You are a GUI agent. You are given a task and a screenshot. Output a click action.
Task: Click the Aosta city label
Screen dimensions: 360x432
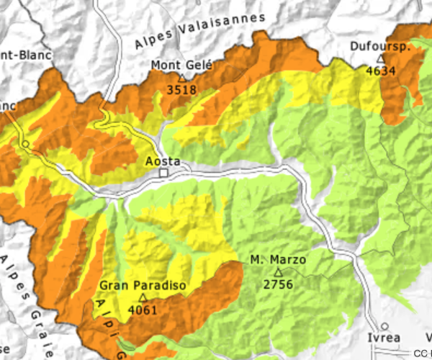click(163, 161)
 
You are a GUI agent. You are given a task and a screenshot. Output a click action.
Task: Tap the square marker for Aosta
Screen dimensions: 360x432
click(163, 174)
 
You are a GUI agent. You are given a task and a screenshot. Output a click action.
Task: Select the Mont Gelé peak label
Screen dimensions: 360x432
click(181, 66)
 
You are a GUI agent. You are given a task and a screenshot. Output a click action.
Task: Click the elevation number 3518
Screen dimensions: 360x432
click(181, 90)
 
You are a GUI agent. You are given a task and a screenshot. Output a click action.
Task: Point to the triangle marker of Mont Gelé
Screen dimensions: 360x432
click(181, 78)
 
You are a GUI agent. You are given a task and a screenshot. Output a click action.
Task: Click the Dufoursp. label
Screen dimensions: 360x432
click(380, 47)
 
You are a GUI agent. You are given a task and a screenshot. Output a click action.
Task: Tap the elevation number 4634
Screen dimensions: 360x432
click(381, 71)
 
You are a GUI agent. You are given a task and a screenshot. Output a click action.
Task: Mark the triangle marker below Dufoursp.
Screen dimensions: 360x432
click(381, 58)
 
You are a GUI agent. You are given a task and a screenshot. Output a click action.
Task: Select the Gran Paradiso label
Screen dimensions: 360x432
click(143, 286)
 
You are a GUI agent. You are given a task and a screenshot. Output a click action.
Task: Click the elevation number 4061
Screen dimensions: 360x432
click(143, 310)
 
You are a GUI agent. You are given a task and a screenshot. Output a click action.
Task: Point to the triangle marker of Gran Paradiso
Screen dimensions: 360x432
click(143, 297)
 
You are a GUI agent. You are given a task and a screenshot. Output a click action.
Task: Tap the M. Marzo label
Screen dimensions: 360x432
click(278, 260)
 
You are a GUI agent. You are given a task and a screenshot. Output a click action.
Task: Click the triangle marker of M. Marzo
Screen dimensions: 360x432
click(278, 271)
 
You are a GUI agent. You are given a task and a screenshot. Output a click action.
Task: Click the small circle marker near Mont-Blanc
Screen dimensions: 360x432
click(25, 144)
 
